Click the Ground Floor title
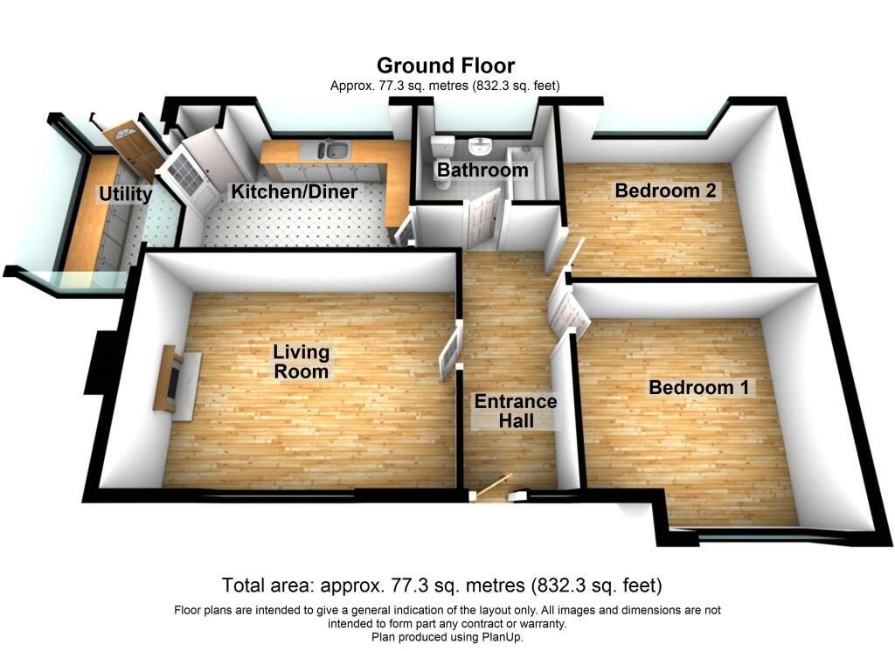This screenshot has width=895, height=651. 445,66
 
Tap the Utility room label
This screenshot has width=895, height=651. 126,194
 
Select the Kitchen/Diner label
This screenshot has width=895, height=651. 294,191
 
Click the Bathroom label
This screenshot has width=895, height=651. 482,170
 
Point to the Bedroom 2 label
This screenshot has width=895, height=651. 665,190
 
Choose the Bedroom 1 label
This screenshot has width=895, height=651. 698,387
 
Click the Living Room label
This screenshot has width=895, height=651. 301,362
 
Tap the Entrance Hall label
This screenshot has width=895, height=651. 516,411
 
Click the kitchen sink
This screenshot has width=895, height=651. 333,150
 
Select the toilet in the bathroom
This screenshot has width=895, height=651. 443,162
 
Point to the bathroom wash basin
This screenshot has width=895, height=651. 480,146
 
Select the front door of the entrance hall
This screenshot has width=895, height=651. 493,487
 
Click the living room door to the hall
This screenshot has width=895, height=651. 450,351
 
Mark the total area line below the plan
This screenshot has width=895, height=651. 441,585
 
